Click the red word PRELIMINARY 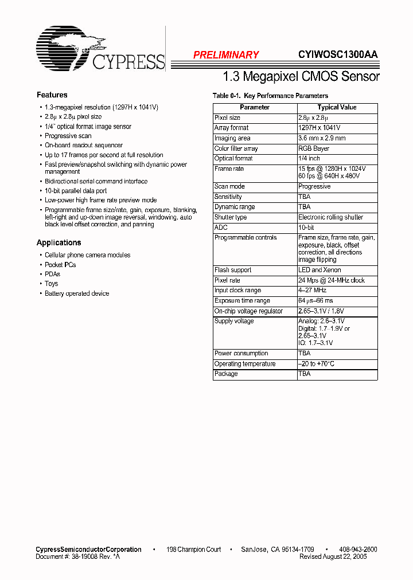226,55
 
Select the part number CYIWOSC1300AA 338,55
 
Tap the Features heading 52,95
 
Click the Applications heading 59,242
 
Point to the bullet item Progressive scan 68,136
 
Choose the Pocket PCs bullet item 60,265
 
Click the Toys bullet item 52,284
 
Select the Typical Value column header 337,107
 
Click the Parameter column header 255,107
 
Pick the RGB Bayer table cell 314,148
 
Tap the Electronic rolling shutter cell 330,217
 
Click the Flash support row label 233,270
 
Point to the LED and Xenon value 320,270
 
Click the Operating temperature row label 245,364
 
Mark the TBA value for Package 304,374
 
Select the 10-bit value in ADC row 306,228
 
